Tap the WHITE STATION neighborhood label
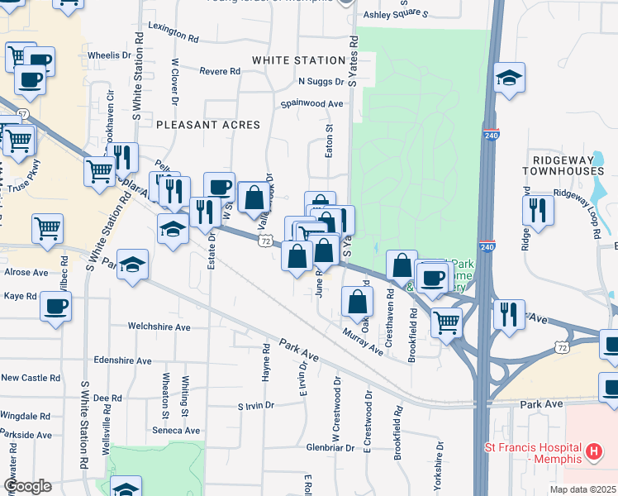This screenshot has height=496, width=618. (298, 60)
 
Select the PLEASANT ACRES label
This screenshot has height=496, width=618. (208, 125)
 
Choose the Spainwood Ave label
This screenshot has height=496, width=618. (311, 104)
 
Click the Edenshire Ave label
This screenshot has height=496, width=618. (122, 361)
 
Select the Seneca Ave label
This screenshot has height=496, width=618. (175, 431)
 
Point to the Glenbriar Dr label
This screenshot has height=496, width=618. (330, 447)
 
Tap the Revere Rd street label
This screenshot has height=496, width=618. (220, 72)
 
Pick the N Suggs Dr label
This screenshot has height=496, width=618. (321, 82)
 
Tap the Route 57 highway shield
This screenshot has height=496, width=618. (22, 112)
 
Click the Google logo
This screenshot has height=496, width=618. (27, 486)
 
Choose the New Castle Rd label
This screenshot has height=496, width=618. (31, 378)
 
